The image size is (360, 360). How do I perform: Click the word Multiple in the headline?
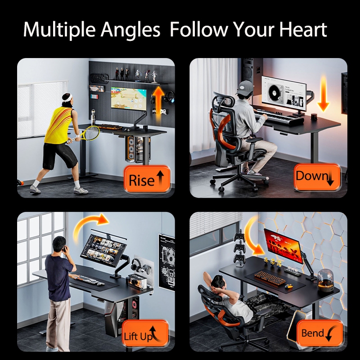tap(59, 30)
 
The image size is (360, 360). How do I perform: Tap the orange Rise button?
tap(147, 179)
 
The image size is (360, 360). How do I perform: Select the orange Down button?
tap(317, 177)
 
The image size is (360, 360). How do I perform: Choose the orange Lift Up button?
tap(145, 333)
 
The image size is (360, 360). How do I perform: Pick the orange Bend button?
tap(320, 333)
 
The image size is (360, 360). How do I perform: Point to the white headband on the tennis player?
tap(67, 97)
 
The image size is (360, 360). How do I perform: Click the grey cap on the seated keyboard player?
tap(245, 88)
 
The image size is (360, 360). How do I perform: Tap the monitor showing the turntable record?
tap(284, 94)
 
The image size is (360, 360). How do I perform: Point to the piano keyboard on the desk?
tap(278, 117)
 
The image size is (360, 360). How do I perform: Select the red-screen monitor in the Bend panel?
tap(284, 246)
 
